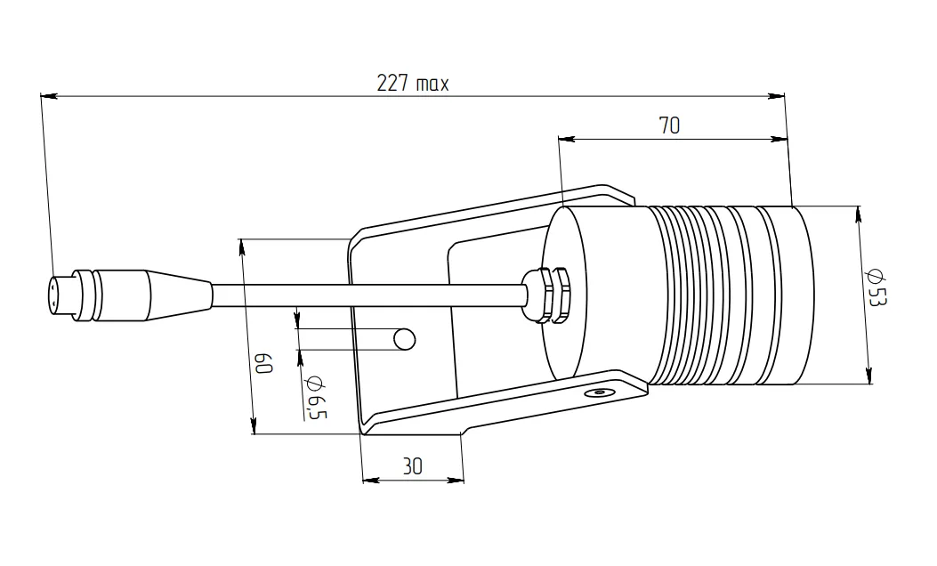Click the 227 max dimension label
click(412, 83)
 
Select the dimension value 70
click(669, 125)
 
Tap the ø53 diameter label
click(876, 287)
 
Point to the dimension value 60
click(263, 363)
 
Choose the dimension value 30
click(412, 466)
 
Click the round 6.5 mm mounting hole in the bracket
click(405, 339)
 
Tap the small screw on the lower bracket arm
click(599, 392)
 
